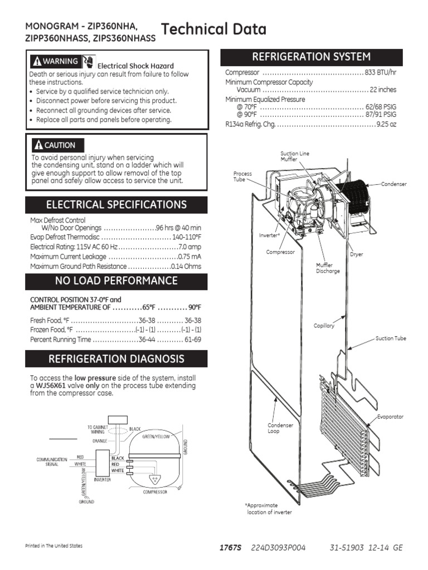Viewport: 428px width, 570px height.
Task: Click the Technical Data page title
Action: click(x=213, y=30)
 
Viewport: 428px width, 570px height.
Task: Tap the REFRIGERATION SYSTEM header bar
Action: click(x=312, y=57)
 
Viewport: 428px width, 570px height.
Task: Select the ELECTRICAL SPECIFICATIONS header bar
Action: click(x=116, y=204)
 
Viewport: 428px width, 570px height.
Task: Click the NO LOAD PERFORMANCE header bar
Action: click(x=116, y=281)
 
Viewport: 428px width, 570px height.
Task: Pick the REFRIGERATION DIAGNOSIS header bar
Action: click(x=116, y=358)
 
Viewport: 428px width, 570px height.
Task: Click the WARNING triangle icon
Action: click(x=37, y=61)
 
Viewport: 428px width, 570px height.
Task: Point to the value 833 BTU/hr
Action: click(x=381, y=73)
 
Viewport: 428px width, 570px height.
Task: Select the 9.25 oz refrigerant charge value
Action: click(x=386, y=125)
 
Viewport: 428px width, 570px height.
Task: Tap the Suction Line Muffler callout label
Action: click(x=295, y=156)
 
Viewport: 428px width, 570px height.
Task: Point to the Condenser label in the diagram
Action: click(x=394, y=184)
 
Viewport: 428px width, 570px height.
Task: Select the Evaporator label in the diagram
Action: click(x=390, y=416)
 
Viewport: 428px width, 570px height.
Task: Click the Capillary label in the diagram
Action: click(x=324, y=326)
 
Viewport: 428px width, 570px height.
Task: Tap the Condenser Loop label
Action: click(x=280, y=428)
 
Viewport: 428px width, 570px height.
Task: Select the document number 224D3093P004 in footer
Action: click(x=279, y=548)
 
